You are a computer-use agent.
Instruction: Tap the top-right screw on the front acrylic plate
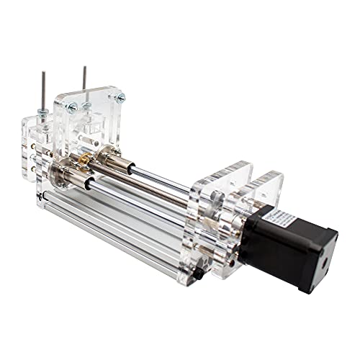click(120, 96)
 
